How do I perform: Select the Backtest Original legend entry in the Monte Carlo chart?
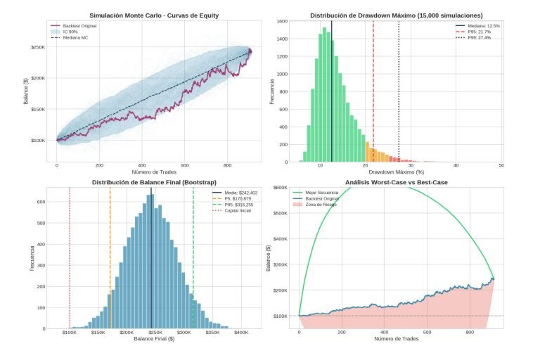tap(78, 26)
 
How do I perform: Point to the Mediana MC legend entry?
tap(75, 37)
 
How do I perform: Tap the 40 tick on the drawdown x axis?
tap(456, 165)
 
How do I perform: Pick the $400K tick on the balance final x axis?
tap(241, 332)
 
